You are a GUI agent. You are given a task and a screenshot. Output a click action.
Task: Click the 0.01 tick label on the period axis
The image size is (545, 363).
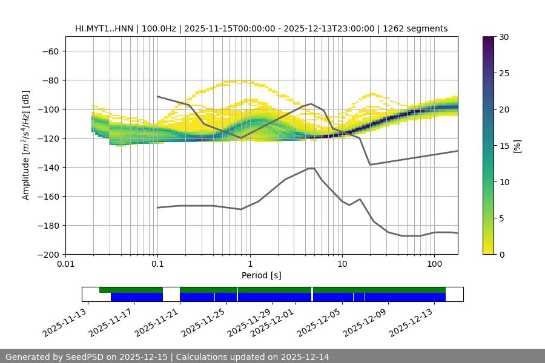pyautogui.click(x=65, y=264)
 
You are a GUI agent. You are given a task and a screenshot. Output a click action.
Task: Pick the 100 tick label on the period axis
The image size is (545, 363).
pyautogui.click(x=434, y=264)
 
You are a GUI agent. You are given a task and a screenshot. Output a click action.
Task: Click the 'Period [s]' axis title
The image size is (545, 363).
pyautogui.click(x=261, y=275)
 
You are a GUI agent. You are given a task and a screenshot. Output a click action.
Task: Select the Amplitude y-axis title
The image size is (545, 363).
pyautogui.click(x=26, y=145)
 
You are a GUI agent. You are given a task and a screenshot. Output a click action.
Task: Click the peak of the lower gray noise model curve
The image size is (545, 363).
pyautogui.click(x=312, y=168)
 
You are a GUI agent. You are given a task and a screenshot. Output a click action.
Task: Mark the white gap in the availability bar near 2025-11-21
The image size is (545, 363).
pyautogui.click(x=171, y=294)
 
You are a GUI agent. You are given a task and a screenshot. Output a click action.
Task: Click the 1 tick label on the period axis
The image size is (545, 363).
pyautogui.click(x=249, y=264)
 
